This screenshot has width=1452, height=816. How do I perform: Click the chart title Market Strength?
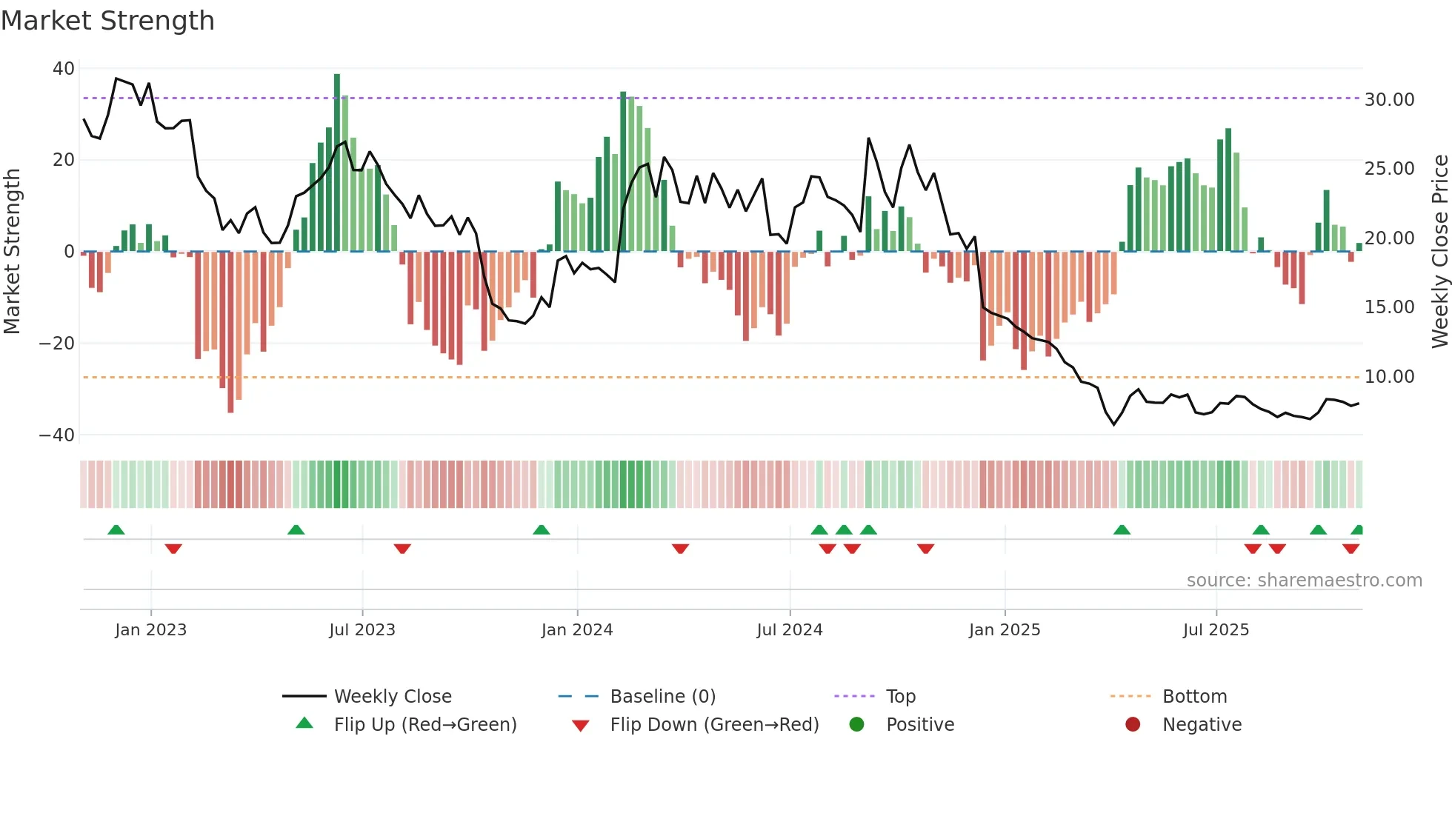pos(107,21)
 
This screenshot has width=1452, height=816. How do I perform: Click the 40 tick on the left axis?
pos(64,69)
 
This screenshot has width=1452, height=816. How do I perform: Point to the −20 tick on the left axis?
pos(57,344)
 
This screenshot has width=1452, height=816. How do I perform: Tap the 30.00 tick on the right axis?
pos(1389,100)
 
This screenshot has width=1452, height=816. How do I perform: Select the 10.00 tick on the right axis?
pos(1389,377)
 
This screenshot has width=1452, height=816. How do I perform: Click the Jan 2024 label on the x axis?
pos(577,630)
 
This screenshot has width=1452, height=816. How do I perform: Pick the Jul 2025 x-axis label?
pos(1216,630)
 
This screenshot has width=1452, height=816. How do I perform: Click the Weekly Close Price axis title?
pos(1439,252)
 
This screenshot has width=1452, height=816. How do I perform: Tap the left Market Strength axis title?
pos(12,252)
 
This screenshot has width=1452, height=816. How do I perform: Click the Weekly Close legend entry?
pos(392,697)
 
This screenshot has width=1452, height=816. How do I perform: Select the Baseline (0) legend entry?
pos(662,697)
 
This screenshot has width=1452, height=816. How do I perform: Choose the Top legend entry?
pos(900,697)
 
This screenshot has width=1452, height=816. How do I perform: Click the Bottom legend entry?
pos(1194,697)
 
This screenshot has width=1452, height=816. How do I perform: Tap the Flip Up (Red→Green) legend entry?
pos(424,725)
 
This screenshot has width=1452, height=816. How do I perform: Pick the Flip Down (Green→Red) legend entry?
pos(714,725)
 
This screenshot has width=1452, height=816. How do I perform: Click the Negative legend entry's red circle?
pos(1133,725)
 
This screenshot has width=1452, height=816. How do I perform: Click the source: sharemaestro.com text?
pos(1304,581)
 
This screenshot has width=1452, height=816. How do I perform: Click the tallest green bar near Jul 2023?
pos(337,163)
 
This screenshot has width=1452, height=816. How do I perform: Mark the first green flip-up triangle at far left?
pos(116,529)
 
